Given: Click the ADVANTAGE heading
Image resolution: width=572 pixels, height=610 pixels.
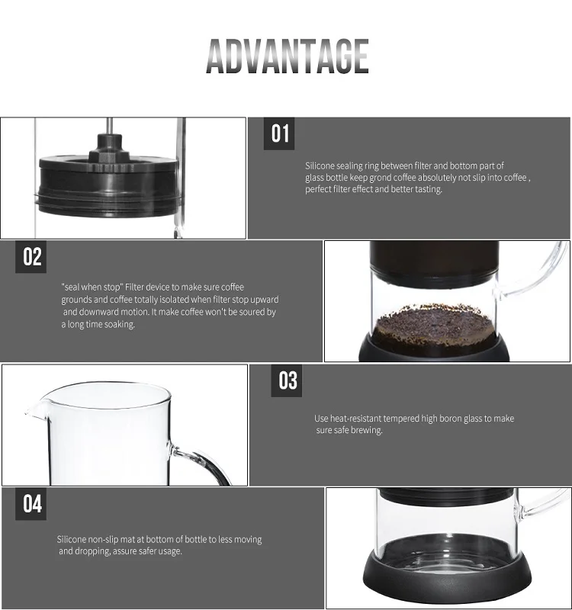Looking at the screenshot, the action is pyautogui.click(x=288, y=56).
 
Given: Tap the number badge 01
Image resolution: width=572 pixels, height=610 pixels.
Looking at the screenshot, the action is pyautogui.click(x=279, y=133).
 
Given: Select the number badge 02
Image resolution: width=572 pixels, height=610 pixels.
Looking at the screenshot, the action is pyautogui.click(x=31, y=257).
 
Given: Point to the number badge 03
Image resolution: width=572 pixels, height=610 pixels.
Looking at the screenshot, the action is pyautogui.click(x=287, y=380).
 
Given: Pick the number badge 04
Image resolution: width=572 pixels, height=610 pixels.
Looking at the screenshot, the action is pyautogui.click(x=31, y=504).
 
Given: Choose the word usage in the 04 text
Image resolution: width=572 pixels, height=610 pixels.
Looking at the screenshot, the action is pyautogui.click(x=170, y=551).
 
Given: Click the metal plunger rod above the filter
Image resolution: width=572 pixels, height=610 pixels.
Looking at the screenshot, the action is pyautogui.click(x=109, y=126).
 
